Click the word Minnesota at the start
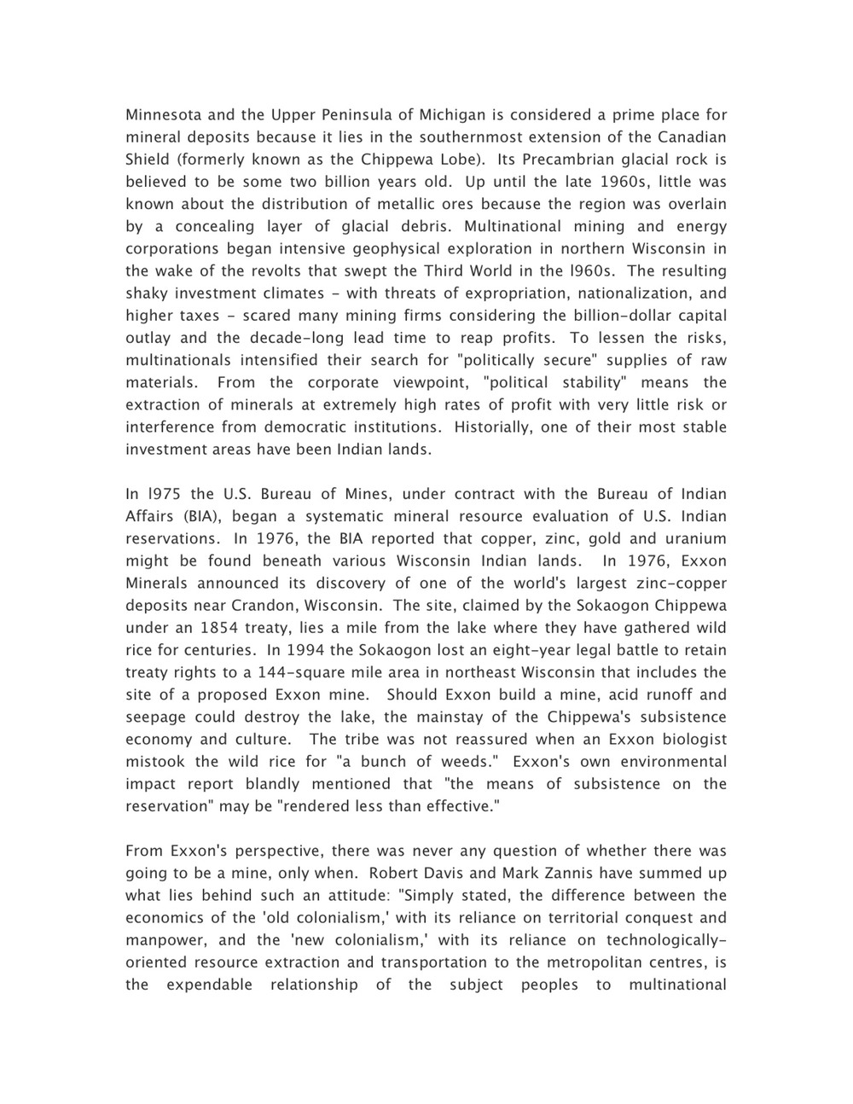[x=163, y=115]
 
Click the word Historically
[x=493, y=427]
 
